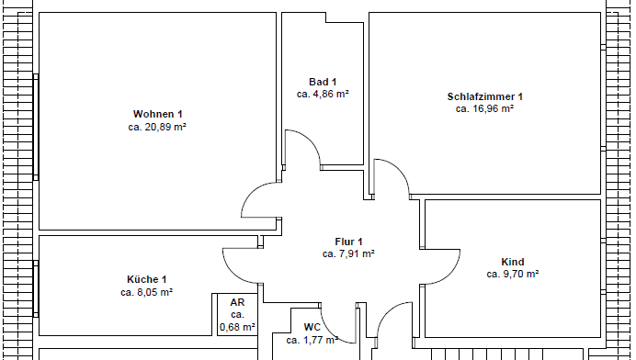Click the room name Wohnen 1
(x=157, y=114)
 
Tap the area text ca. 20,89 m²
(x=157, y=128)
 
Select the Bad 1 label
(x=323, y=82)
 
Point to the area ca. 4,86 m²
(x=323, y=95)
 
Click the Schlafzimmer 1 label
(x=484, y=96)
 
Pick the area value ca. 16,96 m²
(x=484, y=109)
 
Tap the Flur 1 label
(x=348, y=242)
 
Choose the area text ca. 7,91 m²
(x=348, y=254)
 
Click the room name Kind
(x=512, y=262)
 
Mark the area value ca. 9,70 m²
(x=512, y=275)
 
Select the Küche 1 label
(x=146, y=279)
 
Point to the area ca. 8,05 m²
(x=146, y=293)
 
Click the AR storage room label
(x=237, y=302)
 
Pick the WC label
(x=312, y=327)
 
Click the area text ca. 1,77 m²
(x=312, y=340)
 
